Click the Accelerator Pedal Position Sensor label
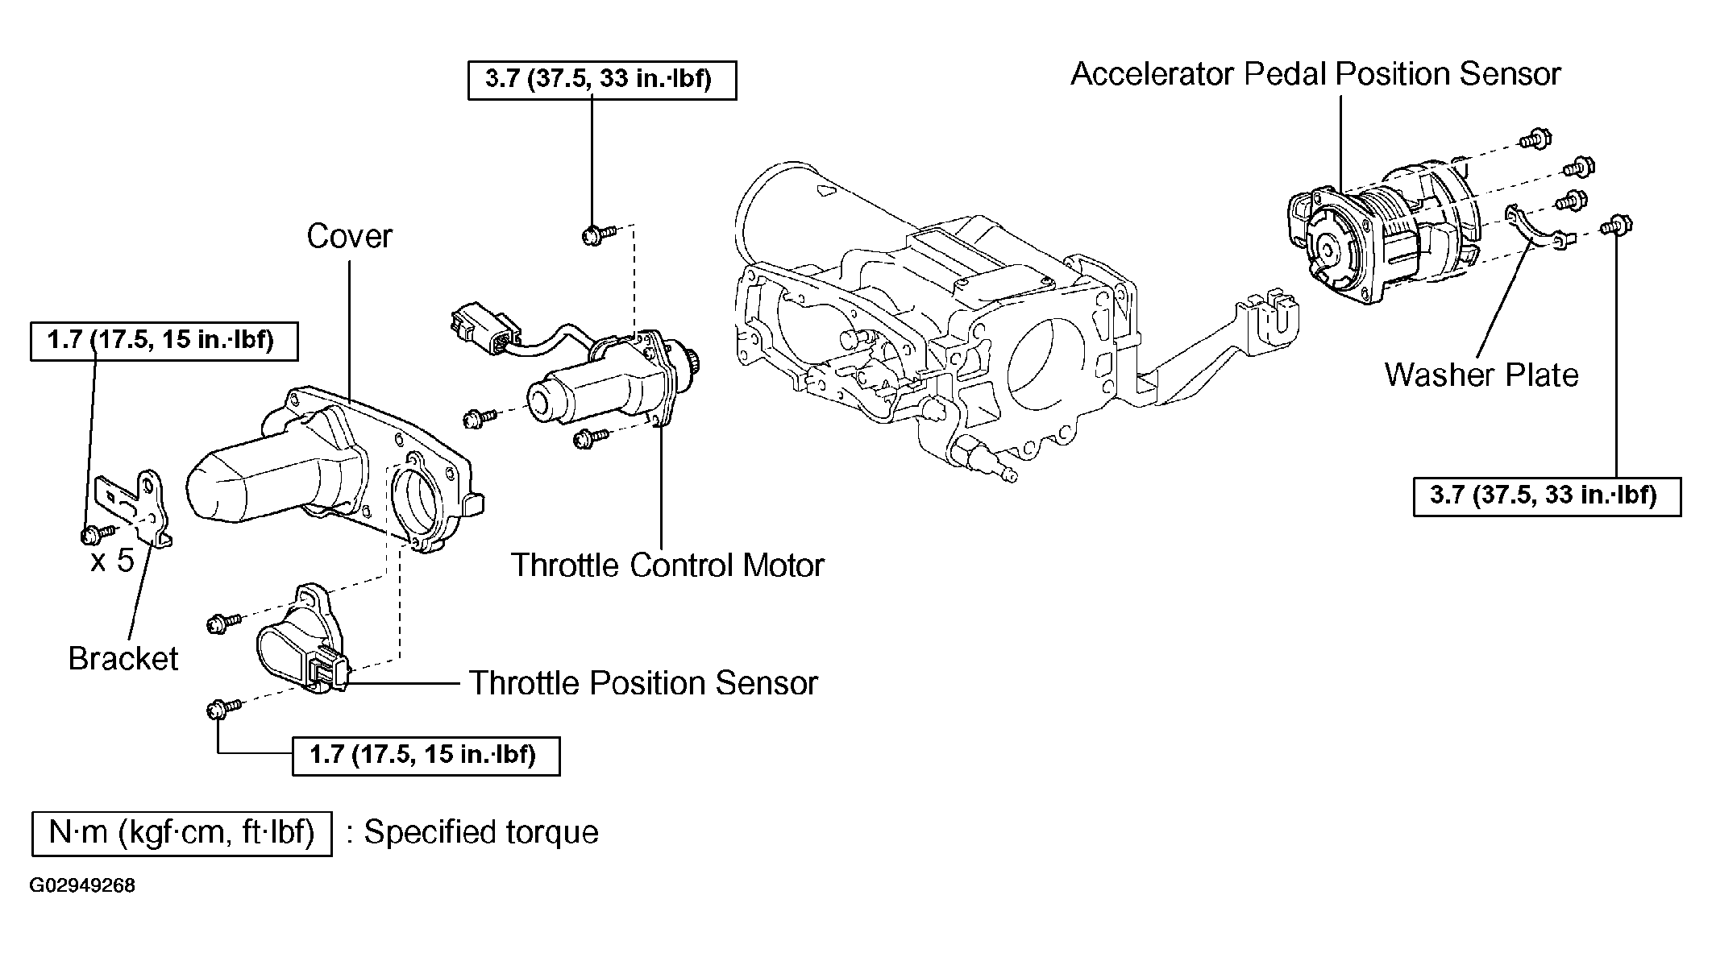[x=1315, y=74]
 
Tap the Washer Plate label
[x=1481, y=375]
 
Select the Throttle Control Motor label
[x=667, y=565]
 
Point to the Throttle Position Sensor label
[x=643, y=683]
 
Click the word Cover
[x=349, y=236]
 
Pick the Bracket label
[x=123, y=658]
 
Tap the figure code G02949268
[x=82, y=886]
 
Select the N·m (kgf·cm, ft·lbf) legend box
[x=181, y=833]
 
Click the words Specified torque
[x=481, y=833]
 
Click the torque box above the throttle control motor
[x=601, y=81]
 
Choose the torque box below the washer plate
[x=1547, y=495]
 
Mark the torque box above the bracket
[x=164, y=341]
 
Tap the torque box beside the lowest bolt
[x=426, y=756]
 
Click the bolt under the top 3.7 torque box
[x=595, y=235]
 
